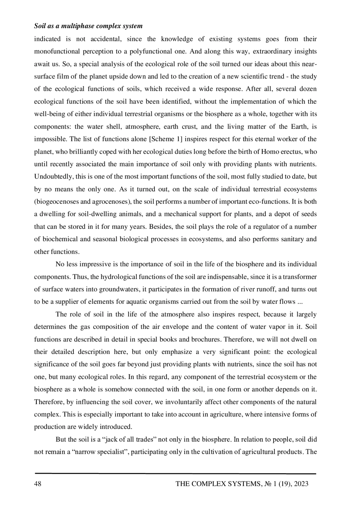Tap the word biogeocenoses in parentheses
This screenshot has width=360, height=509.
point(57,202)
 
